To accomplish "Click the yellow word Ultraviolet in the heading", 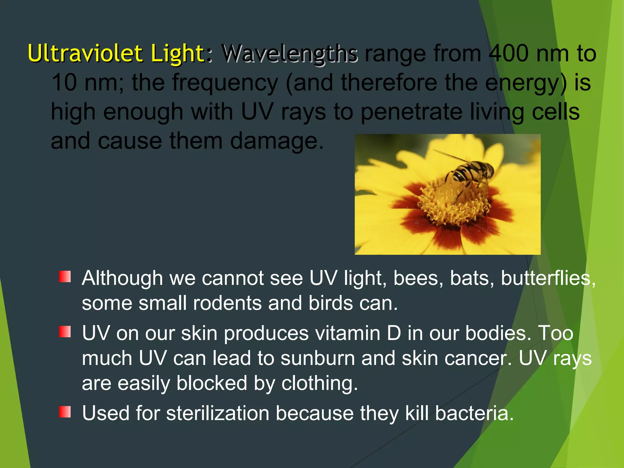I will tap(85, 53).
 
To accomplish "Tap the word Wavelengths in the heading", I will tap(289, 54).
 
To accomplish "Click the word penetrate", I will tap(412, 112).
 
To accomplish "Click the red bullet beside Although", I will tap(65, 277).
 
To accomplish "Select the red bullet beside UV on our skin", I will tap(65, 332).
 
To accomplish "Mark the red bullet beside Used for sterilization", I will tap(65, 412).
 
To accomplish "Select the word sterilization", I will tap(218, 413).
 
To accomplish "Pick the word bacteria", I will tap(474, 413).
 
